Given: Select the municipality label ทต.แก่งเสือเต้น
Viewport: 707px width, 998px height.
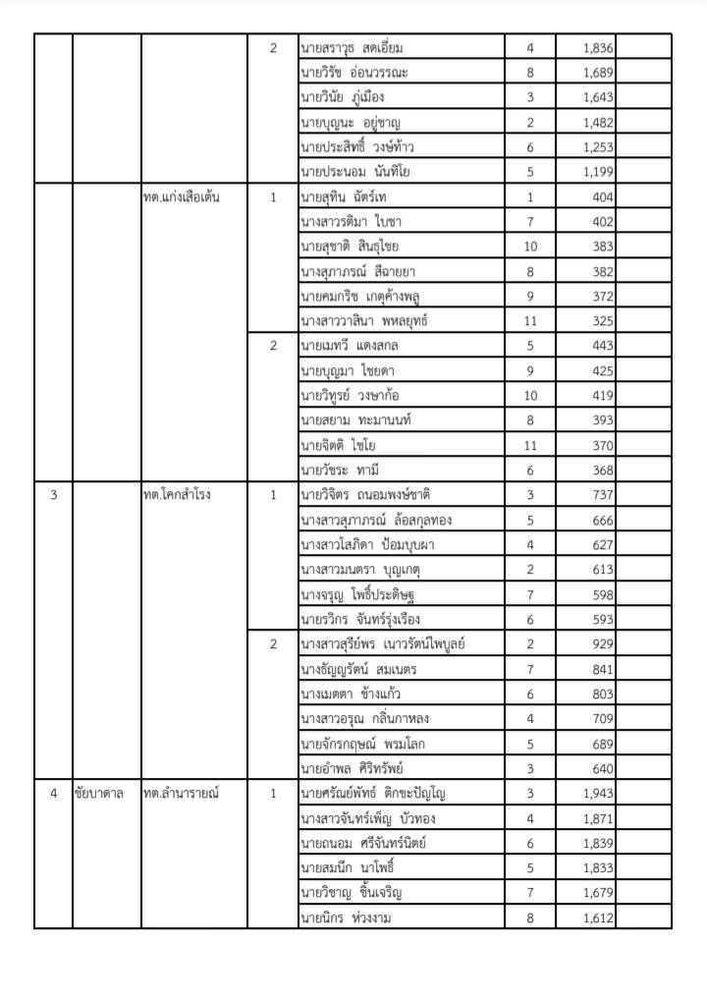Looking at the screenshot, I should [181, 197].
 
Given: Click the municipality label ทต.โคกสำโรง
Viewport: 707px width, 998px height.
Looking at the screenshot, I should [177, 494].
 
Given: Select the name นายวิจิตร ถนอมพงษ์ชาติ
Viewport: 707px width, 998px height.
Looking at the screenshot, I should [366, 494].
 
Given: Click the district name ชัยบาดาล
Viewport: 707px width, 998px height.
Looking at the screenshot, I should [102, 793].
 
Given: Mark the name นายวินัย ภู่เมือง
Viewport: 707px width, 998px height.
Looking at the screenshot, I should [343, 98].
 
